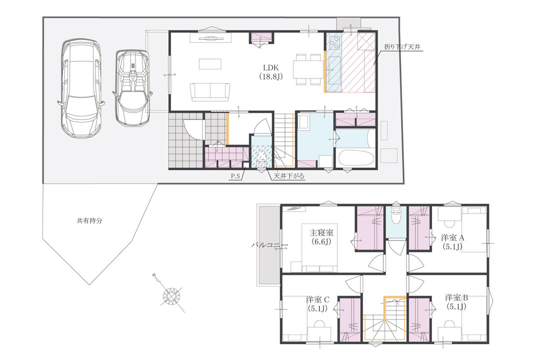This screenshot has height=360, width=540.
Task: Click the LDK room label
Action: [x=270, y=68]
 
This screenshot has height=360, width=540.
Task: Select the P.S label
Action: [x=235, y=176]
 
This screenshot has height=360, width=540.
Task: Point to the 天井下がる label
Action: [x=289, y=176]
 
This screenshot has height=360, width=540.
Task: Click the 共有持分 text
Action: [x=89, y=221]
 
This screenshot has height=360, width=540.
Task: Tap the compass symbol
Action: [x=171, y=295]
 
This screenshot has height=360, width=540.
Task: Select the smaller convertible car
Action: [x=132, y=88]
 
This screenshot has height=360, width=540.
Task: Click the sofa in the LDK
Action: [x=209, y=92]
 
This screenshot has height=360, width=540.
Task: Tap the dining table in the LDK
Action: [x=308, y=69]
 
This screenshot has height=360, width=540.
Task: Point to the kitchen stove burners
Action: [x=333, y=42]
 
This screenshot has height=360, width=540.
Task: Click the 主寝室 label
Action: [x=321, y=233]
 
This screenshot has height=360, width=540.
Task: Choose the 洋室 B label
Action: [x=456, y=297]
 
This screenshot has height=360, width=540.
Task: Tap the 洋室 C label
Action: [x=318, y=299]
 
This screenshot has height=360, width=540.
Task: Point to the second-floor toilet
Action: [x=395, y=214]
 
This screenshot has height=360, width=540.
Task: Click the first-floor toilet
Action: [x=261, y=159]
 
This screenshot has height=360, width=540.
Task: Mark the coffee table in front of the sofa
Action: [x=209, y=64]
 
